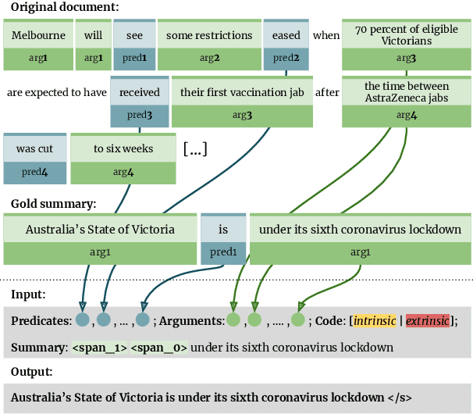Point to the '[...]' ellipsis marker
[194, 149]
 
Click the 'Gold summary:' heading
[52, 204]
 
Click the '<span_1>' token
[99, 348]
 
